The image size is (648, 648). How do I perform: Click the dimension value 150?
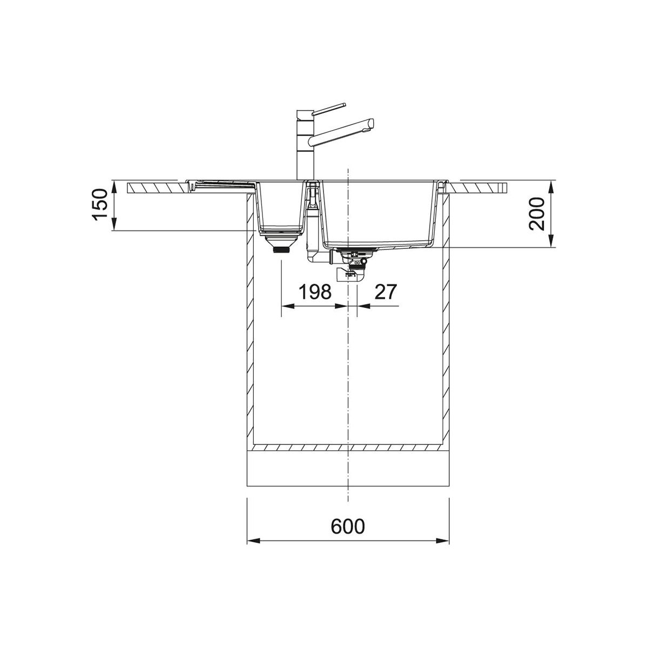coord(100,205)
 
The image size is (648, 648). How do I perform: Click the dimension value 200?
coord(536,214)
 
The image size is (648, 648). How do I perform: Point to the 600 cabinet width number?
coord(348,526)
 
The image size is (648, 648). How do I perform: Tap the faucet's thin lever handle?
coord(328,109)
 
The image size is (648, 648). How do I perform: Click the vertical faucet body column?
coord(305,145)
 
